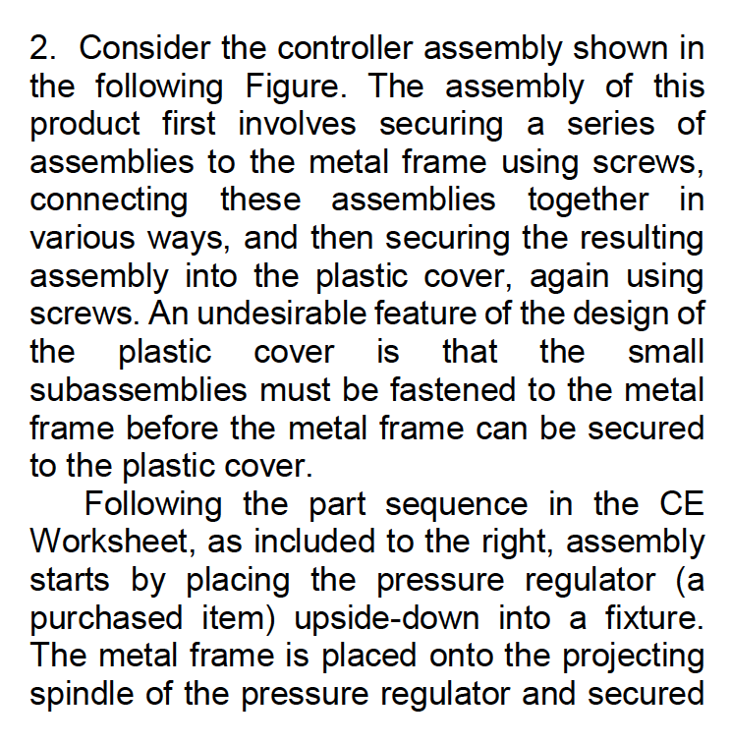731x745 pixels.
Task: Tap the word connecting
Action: [109, 201]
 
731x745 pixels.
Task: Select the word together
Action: [589, 201]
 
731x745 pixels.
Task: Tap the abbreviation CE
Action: [677, 504]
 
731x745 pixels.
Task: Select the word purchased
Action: [114, 618]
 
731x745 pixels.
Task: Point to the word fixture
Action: [644, 618]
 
